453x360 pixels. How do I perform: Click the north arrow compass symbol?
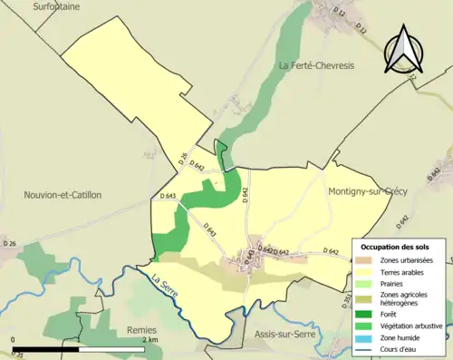[x=405, y=50]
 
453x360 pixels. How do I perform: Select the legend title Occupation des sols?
[x=395, y=247]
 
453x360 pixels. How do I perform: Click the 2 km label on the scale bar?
[x=150, y=339]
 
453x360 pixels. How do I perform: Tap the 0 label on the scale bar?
[x=14, y=339]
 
